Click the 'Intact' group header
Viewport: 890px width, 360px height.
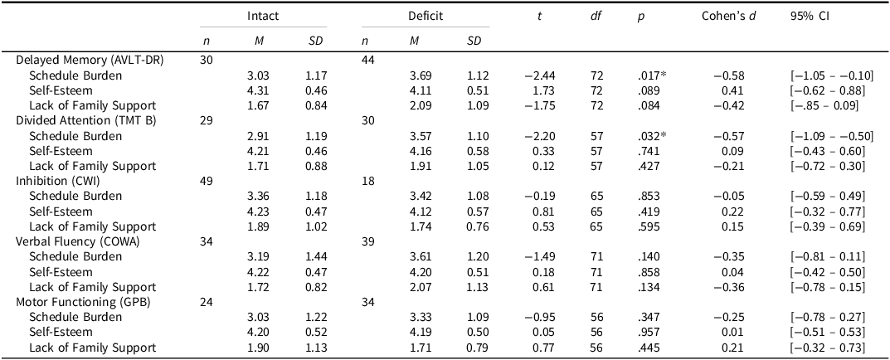click(263, 16)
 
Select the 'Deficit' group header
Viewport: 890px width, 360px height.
click(426, 16)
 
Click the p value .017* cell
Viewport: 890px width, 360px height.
click(652, 75)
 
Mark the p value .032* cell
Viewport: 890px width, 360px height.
click(652, 136)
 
